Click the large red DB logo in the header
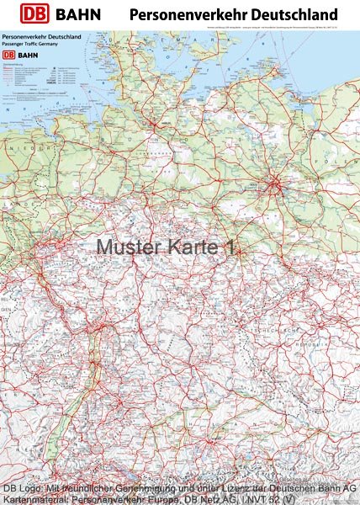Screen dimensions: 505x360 click(35, 14)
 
